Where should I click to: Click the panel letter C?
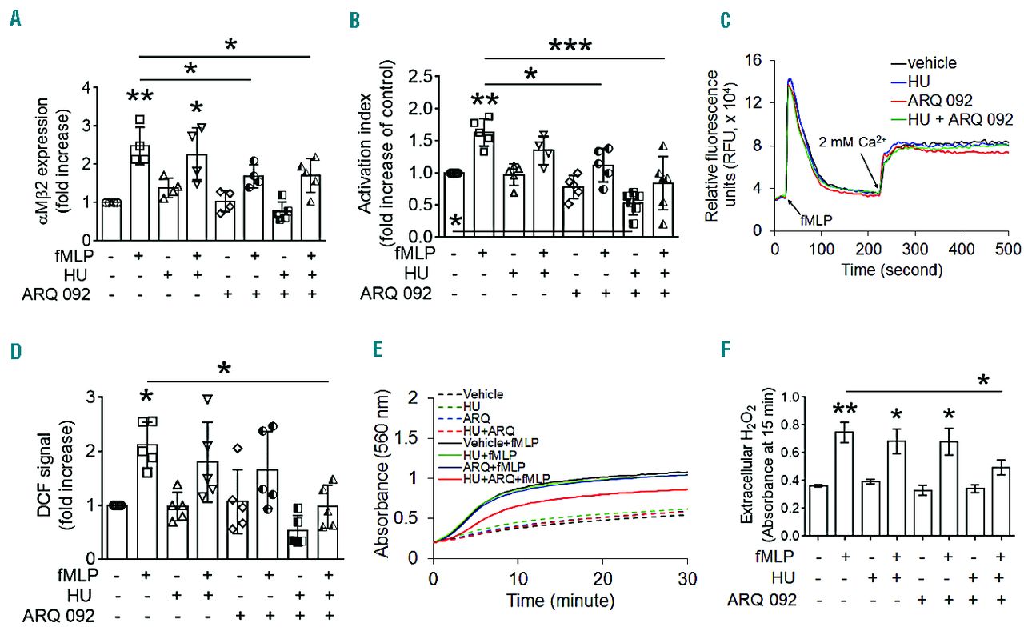(x=726, y=18)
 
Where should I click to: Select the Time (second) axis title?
(x=890, y=270)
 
